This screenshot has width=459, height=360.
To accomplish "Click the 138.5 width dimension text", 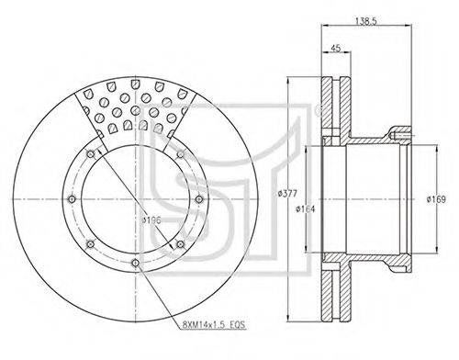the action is click(366, 21).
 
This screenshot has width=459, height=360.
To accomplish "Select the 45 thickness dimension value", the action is click(336, 48).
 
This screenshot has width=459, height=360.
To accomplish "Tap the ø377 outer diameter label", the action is click(287, 194).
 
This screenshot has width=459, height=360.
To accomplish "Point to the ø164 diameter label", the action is click(305, 209).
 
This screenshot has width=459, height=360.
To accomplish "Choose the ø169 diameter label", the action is click(436, 199).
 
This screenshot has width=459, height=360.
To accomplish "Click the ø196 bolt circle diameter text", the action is click(151, 220).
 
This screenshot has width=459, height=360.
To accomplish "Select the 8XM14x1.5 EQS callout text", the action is click(214, 324).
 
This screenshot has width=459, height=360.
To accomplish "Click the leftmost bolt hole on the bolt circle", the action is click(72, 199).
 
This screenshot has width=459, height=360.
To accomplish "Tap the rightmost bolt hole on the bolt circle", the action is click(199, 199).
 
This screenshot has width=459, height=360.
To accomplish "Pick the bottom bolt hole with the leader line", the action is click(135, 263).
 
